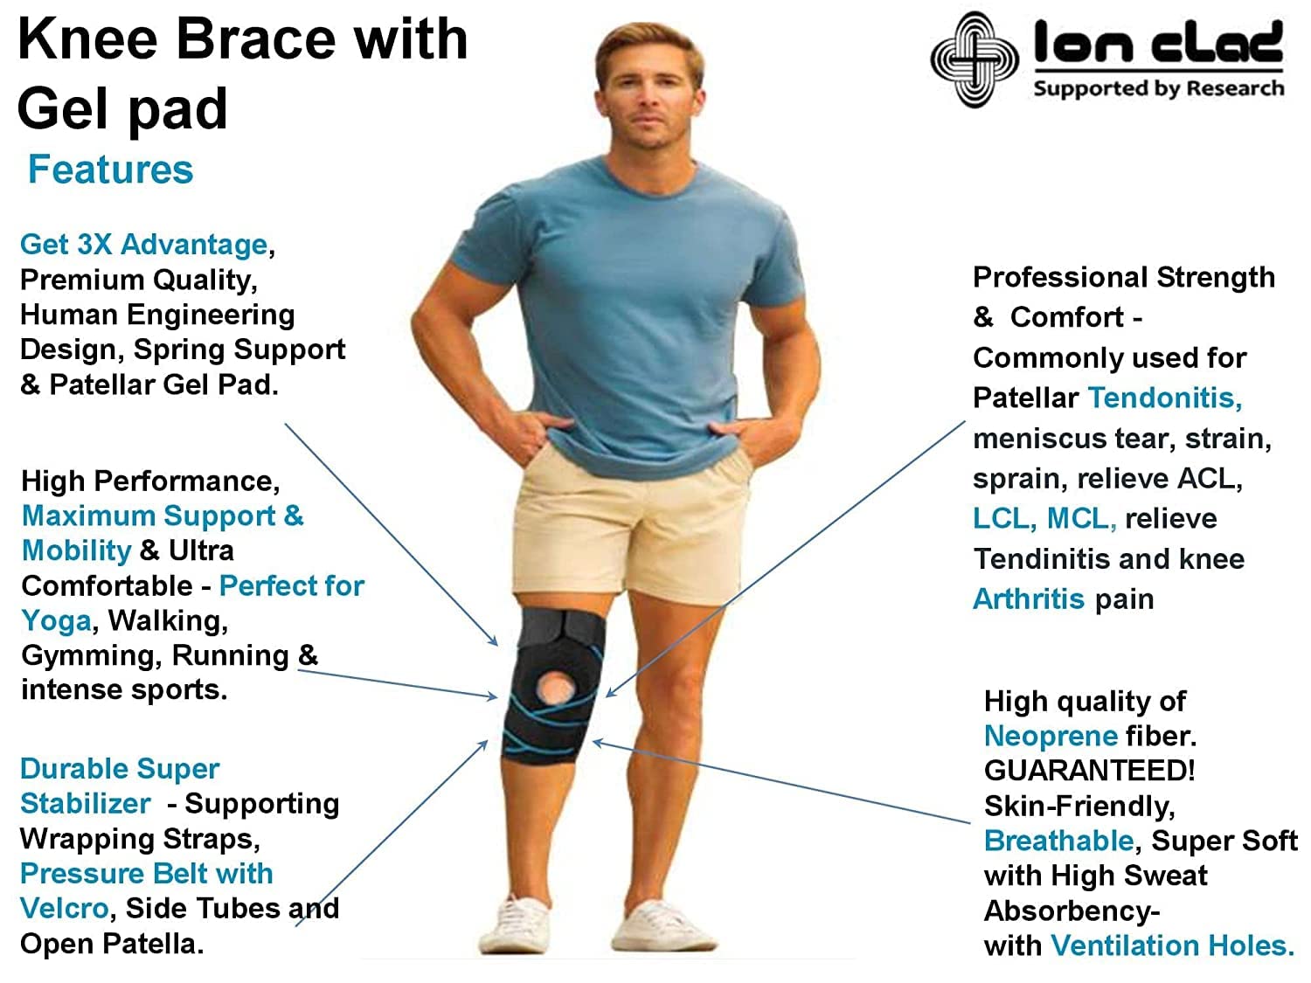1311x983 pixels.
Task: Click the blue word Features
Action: (x=110, y=170)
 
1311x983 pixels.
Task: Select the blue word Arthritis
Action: (x=1028, y=599)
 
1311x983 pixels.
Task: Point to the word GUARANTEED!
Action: (x=1088, y=771)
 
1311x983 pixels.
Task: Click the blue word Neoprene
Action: (x=1050, y=736)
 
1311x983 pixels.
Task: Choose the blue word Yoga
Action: (x=56, y=620)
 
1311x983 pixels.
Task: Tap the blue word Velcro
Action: (x=64, y=909)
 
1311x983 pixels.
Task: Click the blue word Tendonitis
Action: (x=1164, y=398)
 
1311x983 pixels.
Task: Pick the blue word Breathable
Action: (x=1058, y=841)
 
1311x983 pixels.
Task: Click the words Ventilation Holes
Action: (x=1171, y=945)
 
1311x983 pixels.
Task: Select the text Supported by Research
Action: (x=1158, y=89)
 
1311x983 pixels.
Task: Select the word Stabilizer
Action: (x=85, y=804)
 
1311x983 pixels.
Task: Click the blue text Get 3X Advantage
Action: (x=143, y=245)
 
